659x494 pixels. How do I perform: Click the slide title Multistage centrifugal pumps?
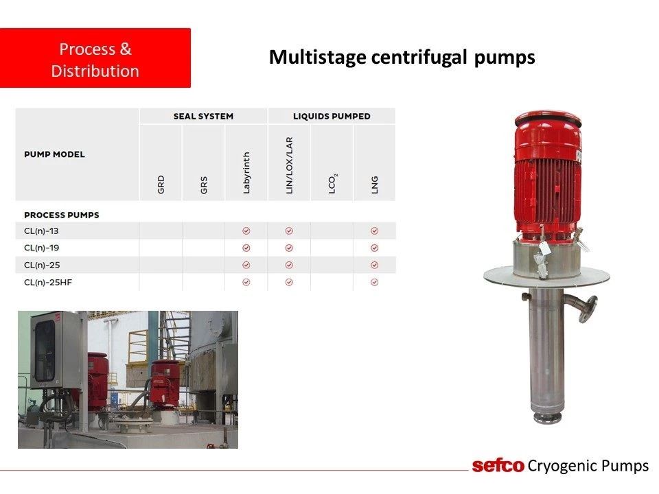[402, 58]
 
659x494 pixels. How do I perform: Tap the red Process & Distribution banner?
[95, 58]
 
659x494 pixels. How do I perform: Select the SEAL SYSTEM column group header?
[203, 117]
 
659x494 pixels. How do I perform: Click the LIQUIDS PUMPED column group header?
[332, 117]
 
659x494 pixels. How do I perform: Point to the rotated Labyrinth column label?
[246, 173]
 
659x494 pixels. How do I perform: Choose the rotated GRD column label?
[161, 185]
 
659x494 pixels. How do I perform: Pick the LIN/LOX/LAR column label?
[289, 165]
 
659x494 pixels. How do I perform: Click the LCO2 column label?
[332, 184]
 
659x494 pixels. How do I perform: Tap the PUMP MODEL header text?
[55, 154]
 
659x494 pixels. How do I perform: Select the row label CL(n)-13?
[41, 231]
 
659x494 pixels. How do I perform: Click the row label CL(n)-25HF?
[48, 282]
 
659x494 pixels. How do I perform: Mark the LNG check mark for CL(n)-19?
[375, 248]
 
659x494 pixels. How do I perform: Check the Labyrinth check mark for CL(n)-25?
[246, 265]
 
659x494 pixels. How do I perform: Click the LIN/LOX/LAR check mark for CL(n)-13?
[289, 231]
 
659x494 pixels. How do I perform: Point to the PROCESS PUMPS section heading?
[62, 215]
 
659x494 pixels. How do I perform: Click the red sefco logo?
[498, 466]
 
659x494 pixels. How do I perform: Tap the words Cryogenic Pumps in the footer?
[588, 466]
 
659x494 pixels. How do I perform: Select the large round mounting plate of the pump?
[546, 277]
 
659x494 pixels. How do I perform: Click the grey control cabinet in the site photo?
[55, 349]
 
